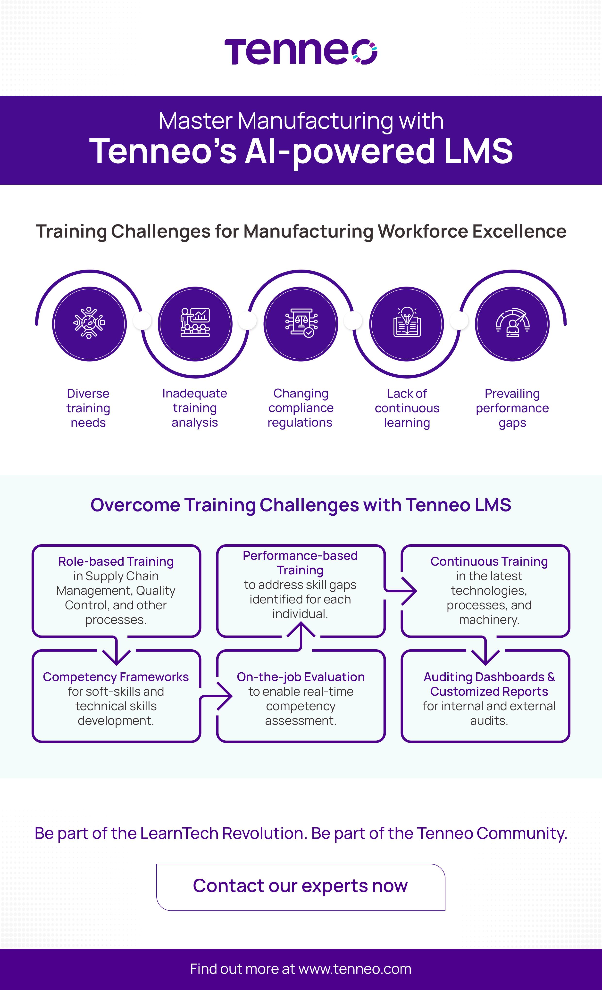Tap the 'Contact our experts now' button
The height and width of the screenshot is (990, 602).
pos(301,886)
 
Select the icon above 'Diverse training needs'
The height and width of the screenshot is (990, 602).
pos(89,323)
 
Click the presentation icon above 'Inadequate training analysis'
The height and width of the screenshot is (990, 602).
pos(195,323)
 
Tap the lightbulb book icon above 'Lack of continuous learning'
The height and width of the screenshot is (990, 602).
pos(407,323)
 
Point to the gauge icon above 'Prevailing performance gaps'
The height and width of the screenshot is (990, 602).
pos(512,323)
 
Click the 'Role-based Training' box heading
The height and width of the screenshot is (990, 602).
pos(116,561)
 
